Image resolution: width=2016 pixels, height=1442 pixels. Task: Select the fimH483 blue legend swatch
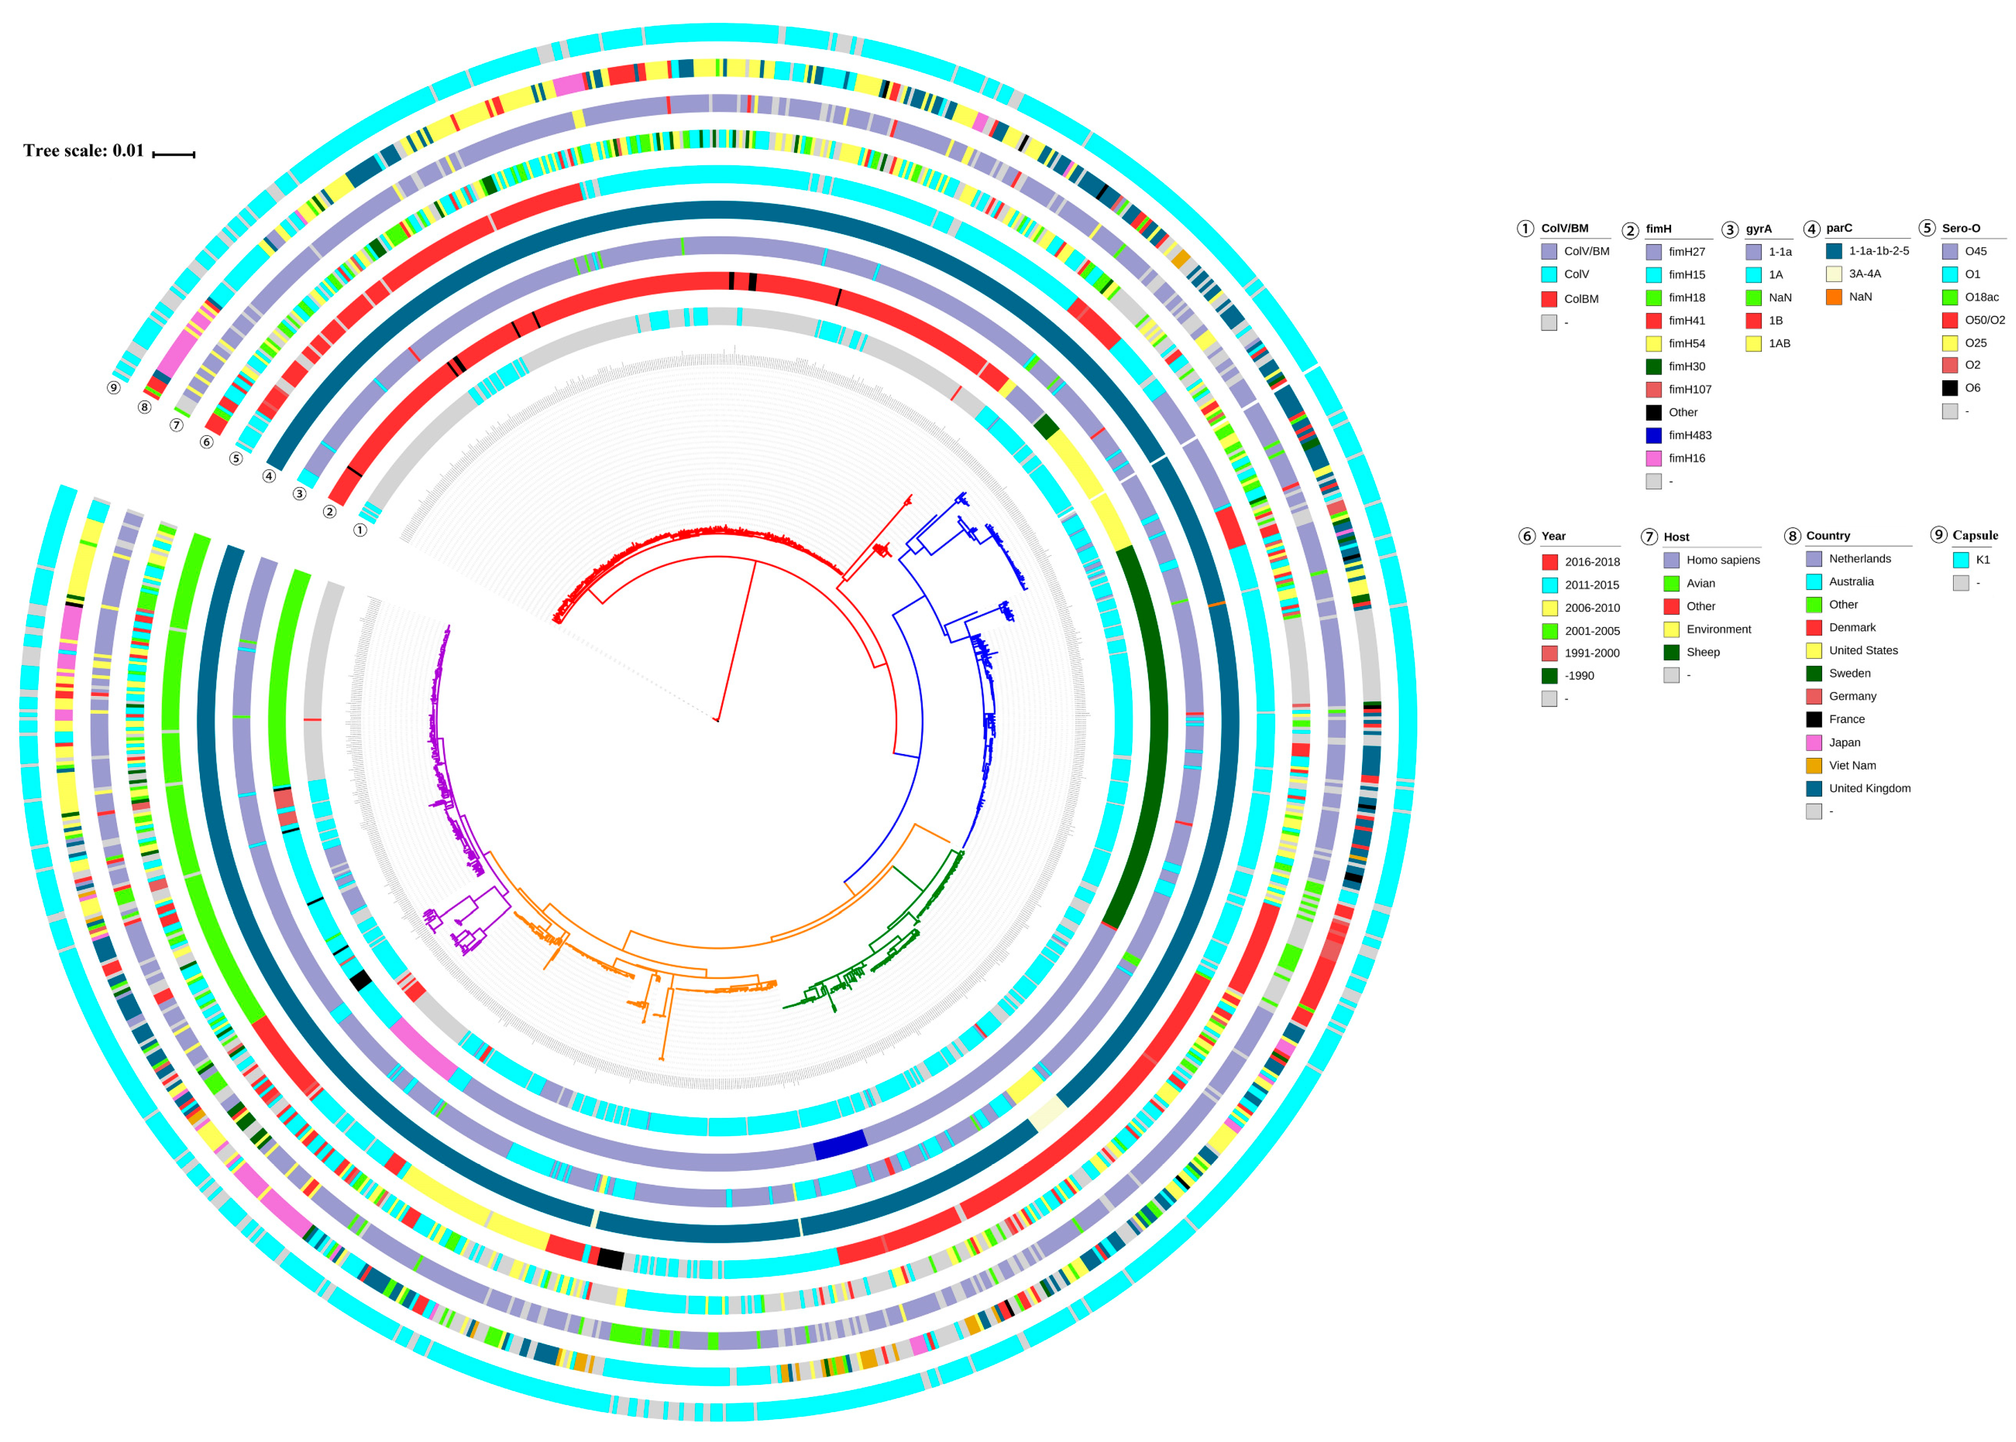click(1653, 435)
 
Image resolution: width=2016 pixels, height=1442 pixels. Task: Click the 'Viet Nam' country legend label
click(1852, 765)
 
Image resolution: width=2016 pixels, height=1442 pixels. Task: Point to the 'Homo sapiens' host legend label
click(1722, 560)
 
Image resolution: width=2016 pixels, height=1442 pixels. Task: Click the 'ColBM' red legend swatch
click(1549, 299)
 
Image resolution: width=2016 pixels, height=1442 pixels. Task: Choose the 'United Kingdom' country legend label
click(1869, 789)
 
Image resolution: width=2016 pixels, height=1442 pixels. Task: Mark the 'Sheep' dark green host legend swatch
click(1671, 653)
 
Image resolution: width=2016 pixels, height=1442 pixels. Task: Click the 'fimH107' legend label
click(1689, 390)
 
